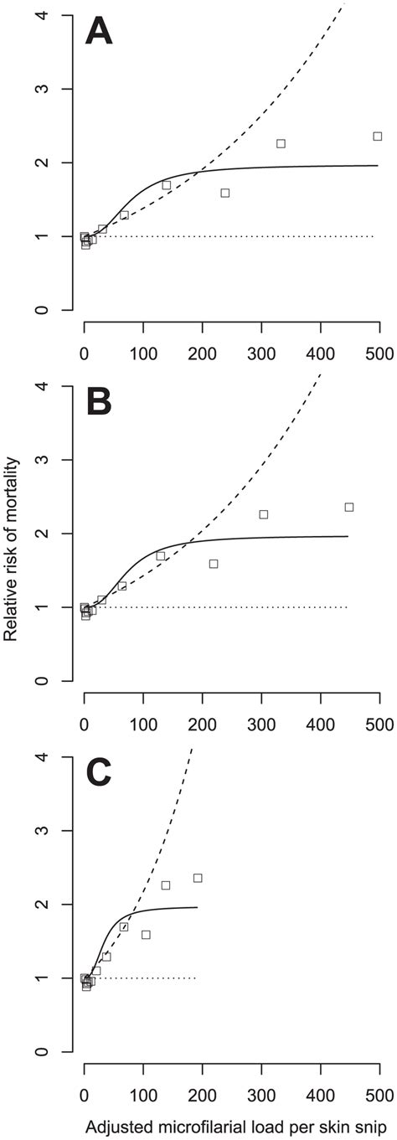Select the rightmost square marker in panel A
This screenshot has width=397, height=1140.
coord(378,136)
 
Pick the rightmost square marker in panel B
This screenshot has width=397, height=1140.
coord(349,507)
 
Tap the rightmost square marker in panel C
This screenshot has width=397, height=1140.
coord(198,878)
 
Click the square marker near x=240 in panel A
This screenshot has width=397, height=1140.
coord(225,193)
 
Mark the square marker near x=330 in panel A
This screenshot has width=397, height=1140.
coord(281,143)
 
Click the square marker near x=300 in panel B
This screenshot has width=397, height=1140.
coord(263,514)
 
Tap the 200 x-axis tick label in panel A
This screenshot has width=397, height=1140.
coord(202,351)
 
